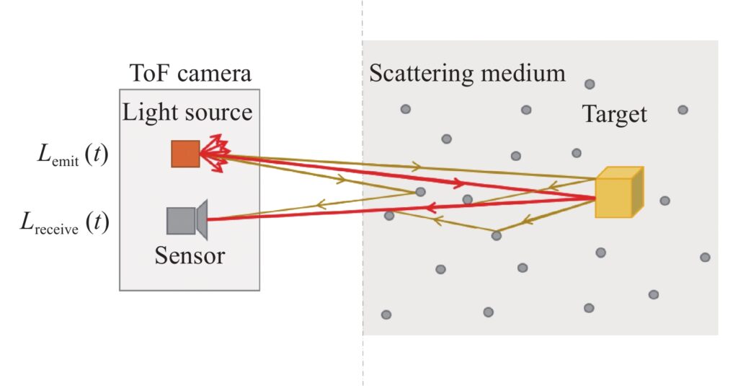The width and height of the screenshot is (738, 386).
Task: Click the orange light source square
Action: coord(185,154)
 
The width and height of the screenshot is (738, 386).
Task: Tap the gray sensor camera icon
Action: coord(187,220)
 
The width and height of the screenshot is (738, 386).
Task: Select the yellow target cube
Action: coord(619,192)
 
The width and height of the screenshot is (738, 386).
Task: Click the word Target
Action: coord(615,115)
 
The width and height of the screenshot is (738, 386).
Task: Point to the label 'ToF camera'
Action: coord(190,74)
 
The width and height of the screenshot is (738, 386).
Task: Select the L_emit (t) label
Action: coord(73,155)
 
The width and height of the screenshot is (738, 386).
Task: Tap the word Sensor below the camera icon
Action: coord(190,255)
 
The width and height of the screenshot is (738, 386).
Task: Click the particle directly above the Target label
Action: coord(590,84)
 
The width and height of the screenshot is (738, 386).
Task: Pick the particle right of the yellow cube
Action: coord(664,201)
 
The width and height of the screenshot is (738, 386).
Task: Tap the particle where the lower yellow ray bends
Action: coord(496,236)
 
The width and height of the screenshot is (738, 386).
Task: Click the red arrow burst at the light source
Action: coord(215,153)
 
